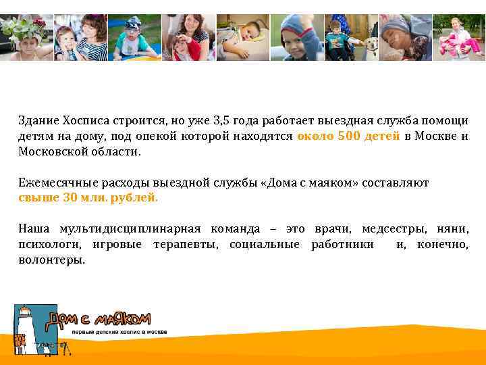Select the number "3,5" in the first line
pos(221,120)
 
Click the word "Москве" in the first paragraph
pos(437,136)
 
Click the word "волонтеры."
pos(52,260)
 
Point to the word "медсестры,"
pos(389,229)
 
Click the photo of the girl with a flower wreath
pos(26,37)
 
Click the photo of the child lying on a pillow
pos(242,37)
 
